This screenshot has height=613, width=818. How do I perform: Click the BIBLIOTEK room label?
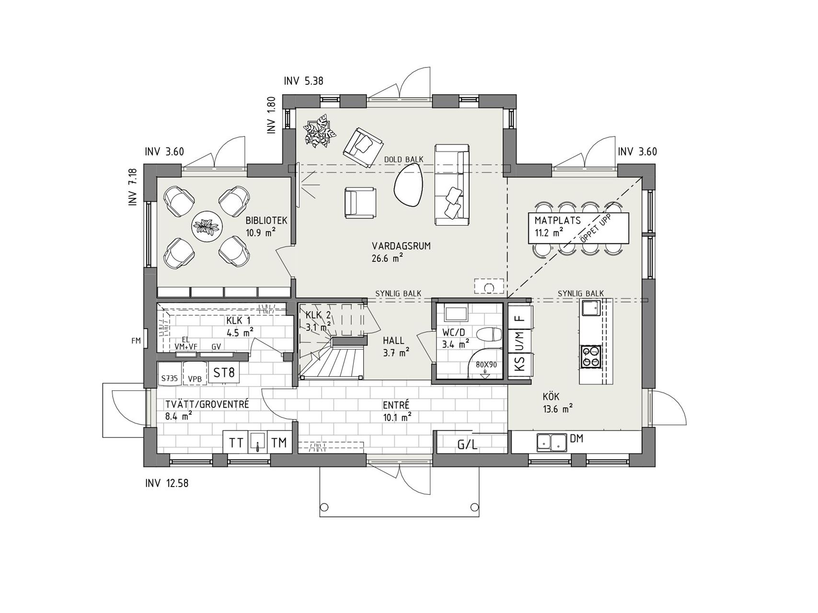266,221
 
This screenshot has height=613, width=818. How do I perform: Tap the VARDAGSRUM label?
401,246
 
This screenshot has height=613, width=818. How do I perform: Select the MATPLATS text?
558,221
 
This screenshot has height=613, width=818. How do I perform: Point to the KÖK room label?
551,397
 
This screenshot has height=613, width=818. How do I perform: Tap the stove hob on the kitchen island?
590,357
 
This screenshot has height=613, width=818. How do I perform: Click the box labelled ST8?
224,373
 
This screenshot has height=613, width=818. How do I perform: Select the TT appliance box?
236,443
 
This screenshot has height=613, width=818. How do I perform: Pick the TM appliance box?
279,443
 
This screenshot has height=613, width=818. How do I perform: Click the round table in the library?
207,227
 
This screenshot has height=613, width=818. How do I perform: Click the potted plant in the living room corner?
317,131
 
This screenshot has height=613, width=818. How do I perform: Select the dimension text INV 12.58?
167,483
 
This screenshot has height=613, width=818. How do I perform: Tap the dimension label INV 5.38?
303,81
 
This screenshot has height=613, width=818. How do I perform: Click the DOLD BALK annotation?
404,159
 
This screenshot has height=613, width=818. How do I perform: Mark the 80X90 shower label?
486,364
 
